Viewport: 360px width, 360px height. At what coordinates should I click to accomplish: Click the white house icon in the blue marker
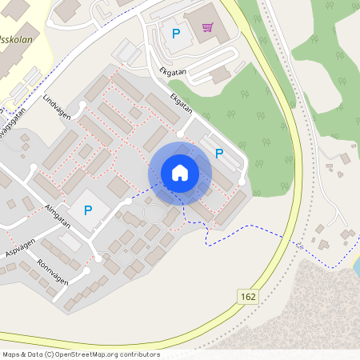[180, 173]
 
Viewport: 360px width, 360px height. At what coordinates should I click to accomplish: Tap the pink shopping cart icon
[208, 28]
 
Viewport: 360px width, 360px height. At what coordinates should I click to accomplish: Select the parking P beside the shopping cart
[176, 34]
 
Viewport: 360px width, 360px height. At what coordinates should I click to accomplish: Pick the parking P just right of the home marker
[218, 153]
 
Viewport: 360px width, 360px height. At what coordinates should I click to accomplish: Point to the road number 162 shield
[248, 297]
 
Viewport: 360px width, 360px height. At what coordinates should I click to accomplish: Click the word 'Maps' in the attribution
[12, 354]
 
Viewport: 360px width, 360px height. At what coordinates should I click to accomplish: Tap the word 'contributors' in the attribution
[142, 354]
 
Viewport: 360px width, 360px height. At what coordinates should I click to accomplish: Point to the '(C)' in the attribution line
[50, 354]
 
